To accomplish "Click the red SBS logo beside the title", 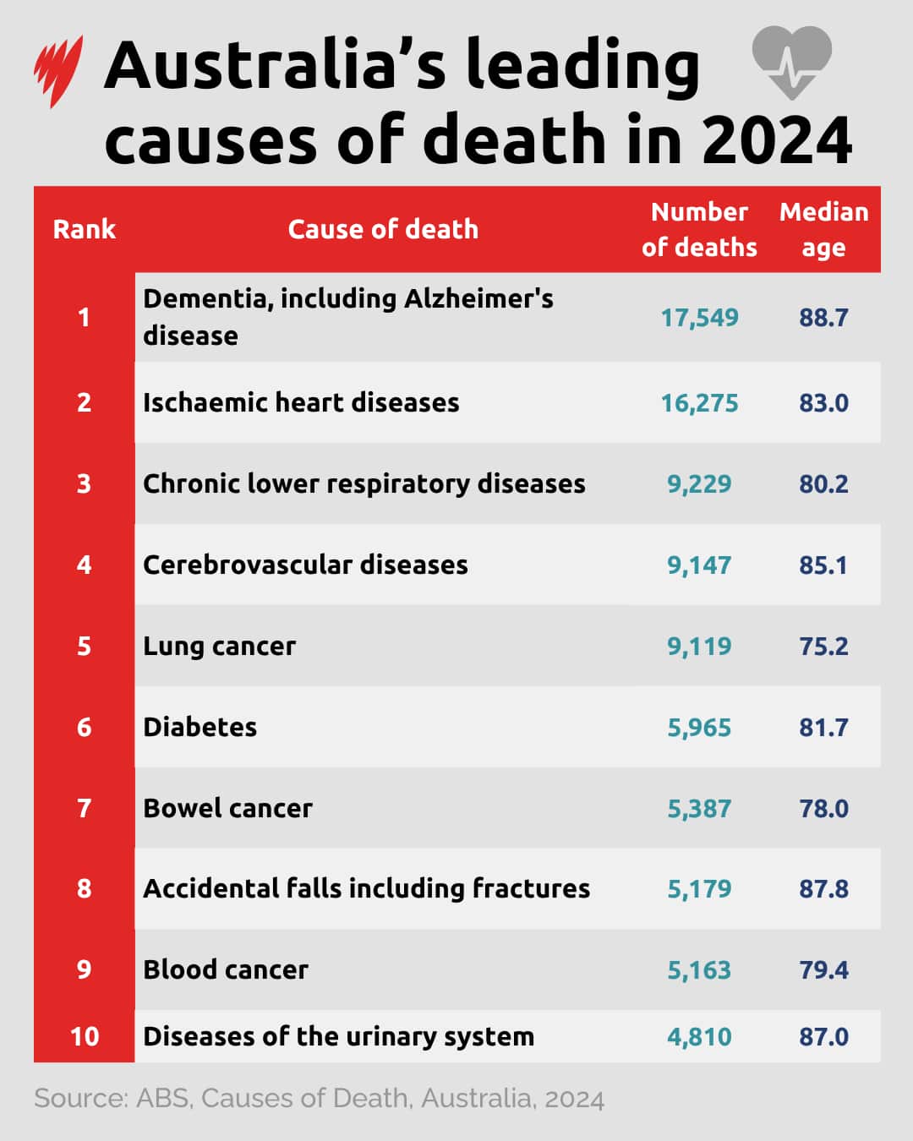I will click(58, 71).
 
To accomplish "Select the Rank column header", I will click(84, 229).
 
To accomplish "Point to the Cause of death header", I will click(383, 229).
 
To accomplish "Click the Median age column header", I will click(823, 229).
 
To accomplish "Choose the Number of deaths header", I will click(699, 229).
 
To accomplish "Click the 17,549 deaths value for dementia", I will click(699, 318).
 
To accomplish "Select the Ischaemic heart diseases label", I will click(301, 402).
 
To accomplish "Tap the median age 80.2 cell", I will click(823, 484).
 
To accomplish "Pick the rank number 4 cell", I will click(84, 565).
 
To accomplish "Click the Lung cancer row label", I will click(220, 647).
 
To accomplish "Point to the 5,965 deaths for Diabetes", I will click(699, 728).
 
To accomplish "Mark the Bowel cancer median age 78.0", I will click(823, 809).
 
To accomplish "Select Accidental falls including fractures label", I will click(366, 889).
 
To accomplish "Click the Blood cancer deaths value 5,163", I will click(699, 970).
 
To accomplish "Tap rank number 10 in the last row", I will click(84, 1037).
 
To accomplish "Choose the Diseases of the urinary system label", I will click(338, 1037).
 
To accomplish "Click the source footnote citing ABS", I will click(319, 1099).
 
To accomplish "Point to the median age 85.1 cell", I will click(823, 565).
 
